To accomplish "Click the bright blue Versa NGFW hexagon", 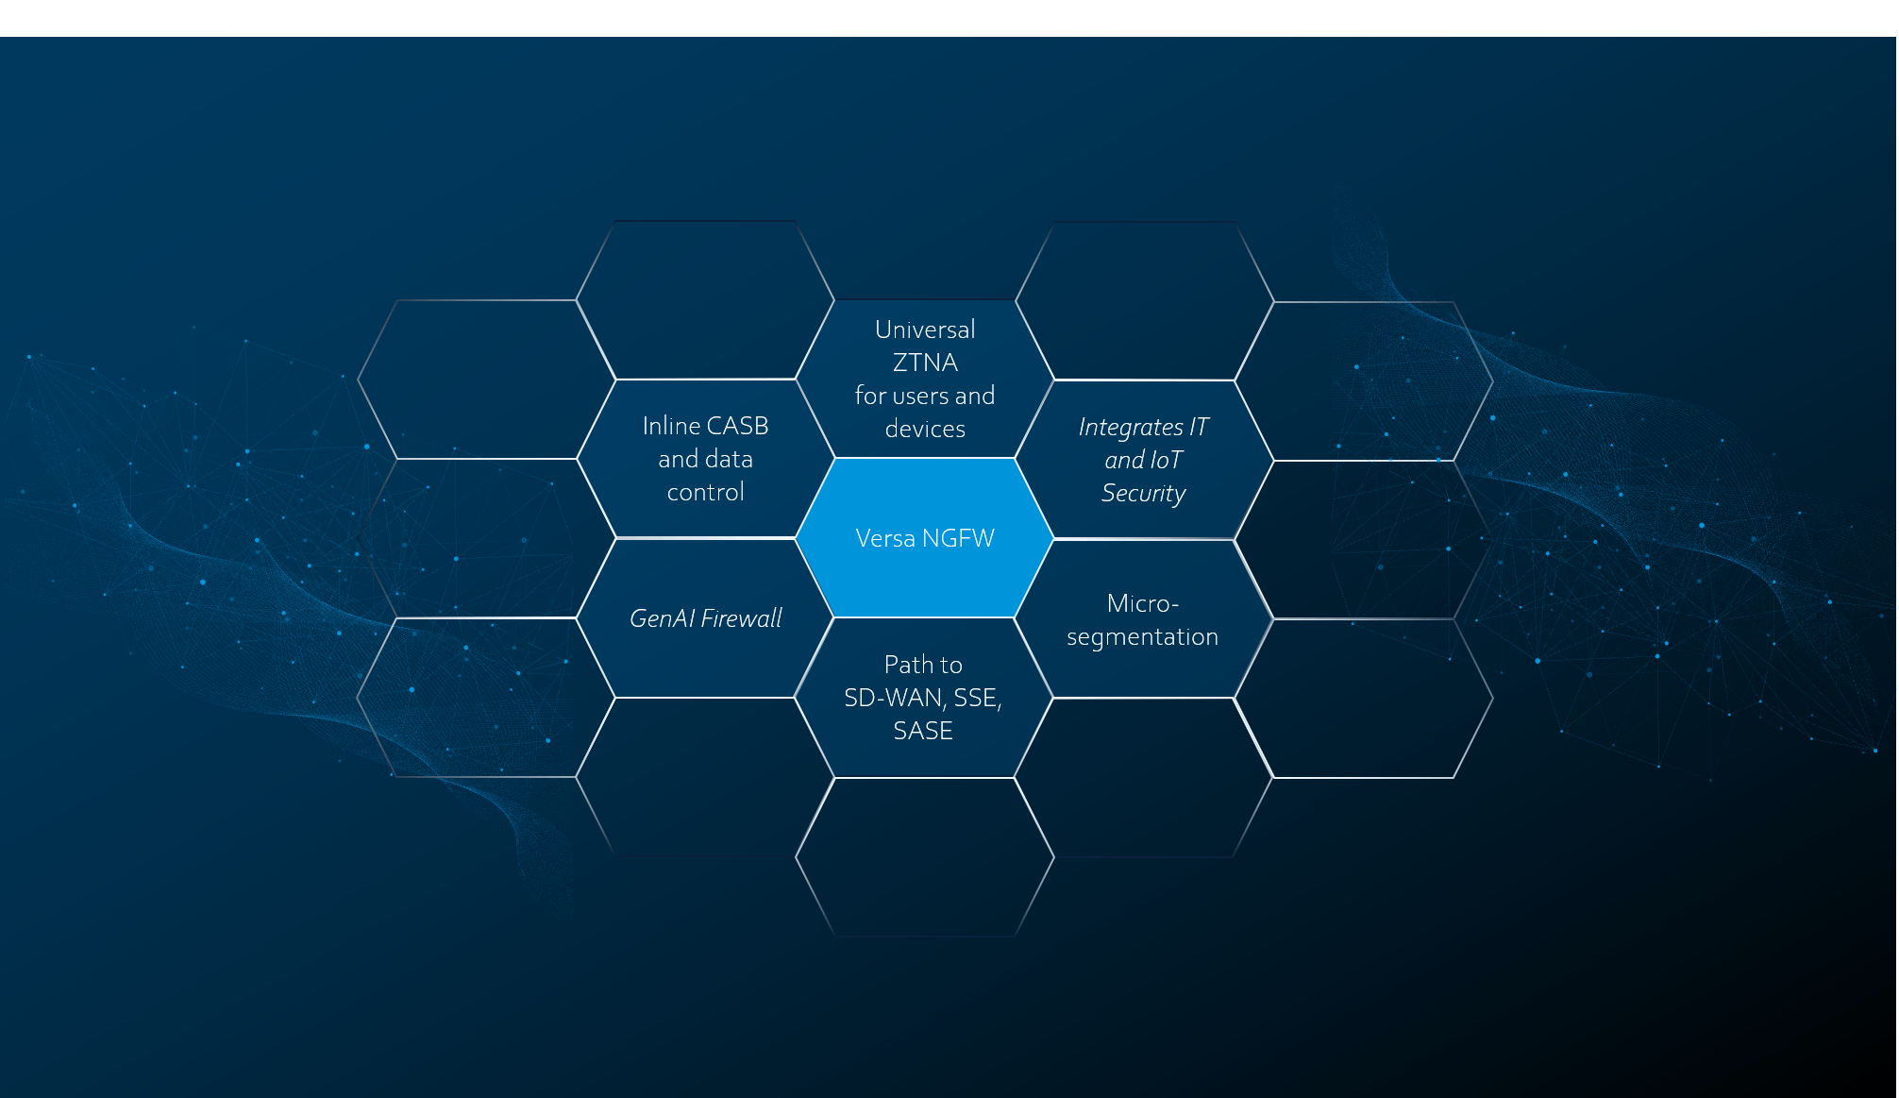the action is click(925, 538).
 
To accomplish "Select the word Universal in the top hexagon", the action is click(925, 329).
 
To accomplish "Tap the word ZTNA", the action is click(925, 363).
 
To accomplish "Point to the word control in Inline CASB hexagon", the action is click(706, 492).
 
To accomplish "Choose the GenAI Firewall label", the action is click(706, 618).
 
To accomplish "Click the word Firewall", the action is click(742, 618).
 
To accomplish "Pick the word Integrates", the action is click(1131, 428).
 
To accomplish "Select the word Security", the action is click(1144, 494).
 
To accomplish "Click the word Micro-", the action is click(1143, 603).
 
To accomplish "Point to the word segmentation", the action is click(1143, 638).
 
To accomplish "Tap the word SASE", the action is click(923, 731).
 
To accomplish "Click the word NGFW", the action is click(958, 538).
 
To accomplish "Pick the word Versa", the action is click(885, 538).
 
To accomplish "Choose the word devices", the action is click(925, 429).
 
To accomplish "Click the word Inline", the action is click(671, 426).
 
